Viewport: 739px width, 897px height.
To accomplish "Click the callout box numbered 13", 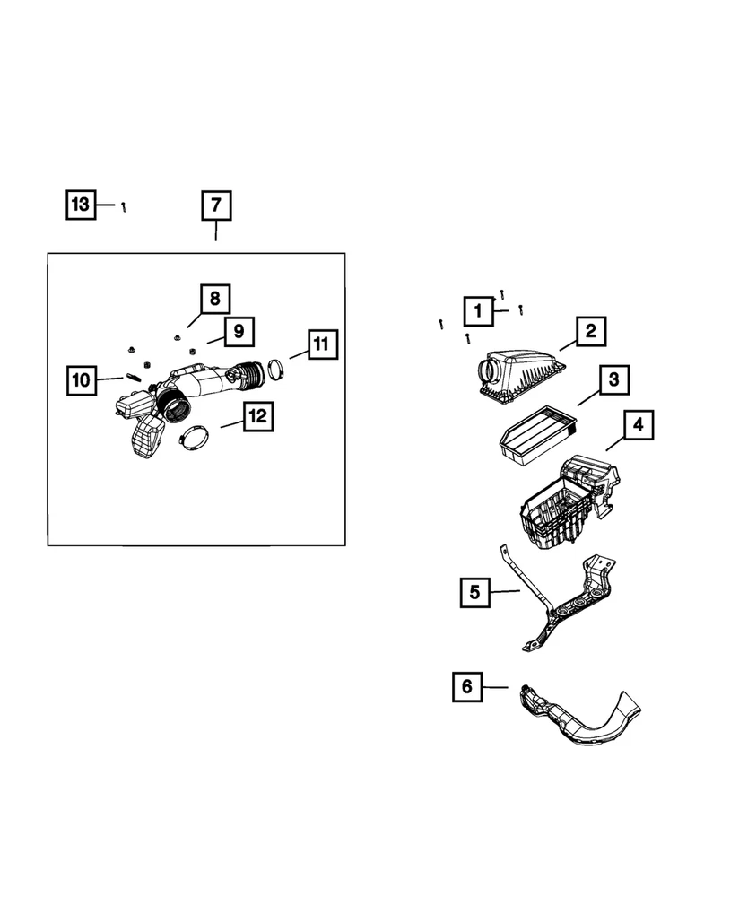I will (80, 205).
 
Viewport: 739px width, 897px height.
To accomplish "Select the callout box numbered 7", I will (215, 205).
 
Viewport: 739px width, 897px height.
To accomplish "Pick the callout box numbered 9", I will (239, 331).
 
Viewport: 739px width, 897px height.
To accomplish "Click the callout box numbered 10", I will (81, 380).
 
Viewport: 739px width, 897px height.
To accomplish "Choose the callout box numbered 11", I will (321, 344).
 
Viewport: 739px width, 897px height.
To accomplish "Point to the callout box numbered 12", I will (257, 416).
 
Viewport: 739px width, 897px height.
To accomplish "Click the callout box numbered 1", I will (479, 311).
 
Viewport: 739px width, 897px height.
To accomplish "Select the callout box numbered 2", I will (591, 332).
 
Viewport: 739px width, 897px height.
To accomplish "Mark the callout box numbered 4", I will (639, 425).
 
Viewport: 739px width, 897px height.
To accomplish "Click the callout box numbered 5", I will (474, 592).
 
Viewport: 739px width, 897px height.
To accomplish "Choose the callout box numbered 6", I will (466, 688).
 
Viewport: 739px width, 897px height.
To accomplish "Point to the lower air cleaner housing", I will (561, 507).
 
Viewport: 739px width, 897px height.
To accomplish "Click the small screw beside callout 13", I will (125, 206).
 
